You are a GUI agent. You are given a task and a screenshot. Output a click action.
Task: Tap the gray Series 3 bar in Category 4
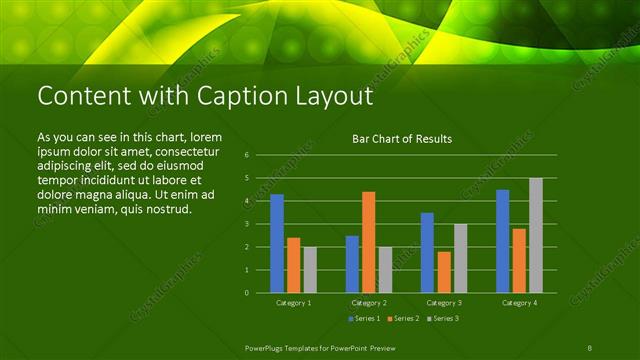coord(536,235)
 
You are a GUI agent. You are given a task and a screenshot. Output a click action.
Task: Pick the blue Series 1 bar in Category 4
coord(503,241)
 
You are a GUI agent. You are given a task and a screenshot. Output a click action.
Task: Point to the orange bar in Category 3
coord(444,272)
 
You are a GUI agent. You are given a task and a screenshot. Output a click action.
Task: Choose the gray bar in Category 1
coord(310,270)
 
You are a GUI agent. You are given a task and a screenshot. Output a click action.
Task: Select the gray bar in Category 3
coord(460,258)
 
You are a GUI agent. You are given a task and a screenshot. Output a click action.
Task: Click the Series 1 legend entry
coord(363,318)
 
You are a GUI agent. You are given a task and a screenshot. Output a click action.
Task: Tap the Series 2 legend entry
coord(402,318)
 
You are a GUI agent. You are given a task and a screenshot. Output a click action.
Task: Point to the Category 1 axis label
coord(293,302)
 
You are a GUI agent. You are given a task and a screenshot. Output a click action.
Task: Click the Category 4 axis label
coord(519,302)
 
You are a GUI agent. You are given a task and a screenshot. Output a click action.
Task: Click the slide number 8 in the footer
coord(591,346)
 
